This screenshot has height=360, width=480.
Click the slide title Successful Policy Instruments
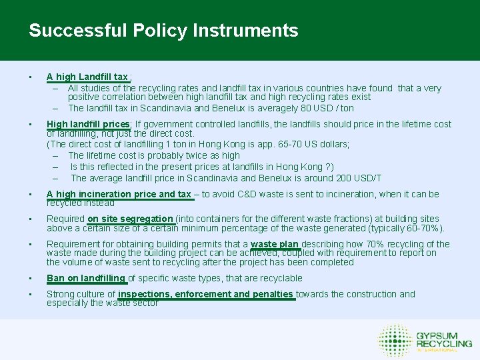[163, 31]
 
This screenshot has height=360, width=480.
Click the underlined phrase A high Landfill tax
[87, 77]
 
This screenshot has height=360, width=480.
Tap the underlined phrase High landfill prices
[87, 124]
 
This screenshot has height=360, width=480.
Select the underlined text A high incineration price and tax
[119, 194]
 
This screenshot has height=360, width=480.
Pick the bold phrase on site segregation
[130, 219]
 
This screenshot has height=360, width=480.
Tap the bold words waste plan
[274, 244]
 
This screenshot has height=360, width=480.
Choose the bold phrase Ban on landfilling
[85, 278]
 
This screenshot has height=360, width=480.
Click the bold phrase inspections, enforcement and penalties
[205, 294]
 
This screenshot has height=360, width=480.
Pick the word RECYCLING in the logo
[444, 343]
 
